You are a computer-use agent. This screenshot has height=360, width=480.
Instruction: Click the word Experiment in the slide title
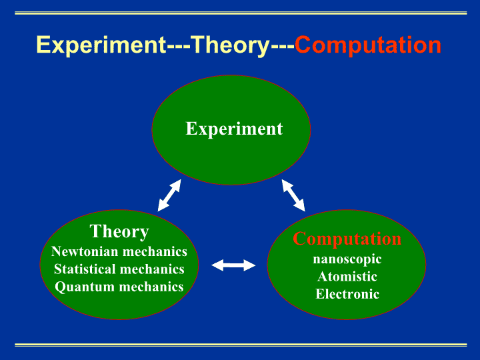pyautogui.click(x=101, y=45)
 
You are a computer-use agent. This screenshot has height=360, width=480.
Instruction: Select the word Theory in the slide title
pyautogui.click(x=231, y=46)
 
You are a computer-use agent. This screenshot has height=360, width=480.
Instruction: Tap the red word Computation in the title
pyautogui.click(x=367, y=45)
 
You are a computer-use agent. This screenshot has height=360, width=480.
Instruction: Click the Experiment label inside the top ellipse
pyautogui.click(x=234, y=129)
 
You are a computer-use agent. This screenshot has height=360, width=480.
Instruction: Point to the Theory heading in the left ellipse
pyautogui.click(x=119, y=231)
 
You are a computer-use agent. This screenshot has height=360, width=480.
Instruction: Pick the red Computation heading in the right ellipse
pyautogui.click(x=347, y=239)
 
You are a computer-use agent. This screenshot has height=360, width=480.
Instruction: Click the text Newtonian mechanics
pyautogui.click(x=119, y=251)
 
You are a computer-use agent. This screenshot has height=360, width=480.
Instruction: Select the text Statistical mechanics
pyautogui.click(x=119, y=269)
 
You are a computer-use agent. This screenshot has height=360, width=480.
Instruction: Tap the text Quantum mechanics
pyautogui.click(x=119, y=287)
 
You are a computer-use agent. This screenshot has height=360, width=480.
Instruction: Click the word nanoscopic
pyautogui.click(x=347, y=259)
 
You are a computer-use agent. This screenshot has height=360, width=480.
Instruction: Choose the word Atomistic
pyautogui.click(x=347, y=277)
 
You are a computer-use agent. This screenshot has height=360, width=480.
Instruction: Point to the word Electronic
pyautogui.click(x=347, y=294)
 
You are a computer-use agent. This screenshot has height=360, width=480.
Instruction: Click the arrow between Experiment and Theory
pyautogui.click(x=169, y=195)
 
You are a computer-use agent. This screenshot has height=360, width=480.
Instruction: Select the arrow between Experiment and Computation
pyautogui.click(x=293, y=195)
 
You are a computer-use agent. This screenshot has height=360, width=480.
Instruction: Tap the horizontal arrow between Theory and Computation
pyautogui.click(x=233, y=265)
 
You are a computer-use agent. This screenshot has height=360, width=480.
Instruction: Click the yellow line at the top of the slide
pyautogui.click(x=241, y=13)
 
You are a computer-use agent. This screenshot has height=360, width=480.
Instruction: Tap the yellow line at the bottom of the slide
pyautogui.click(x=241, y=345)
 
